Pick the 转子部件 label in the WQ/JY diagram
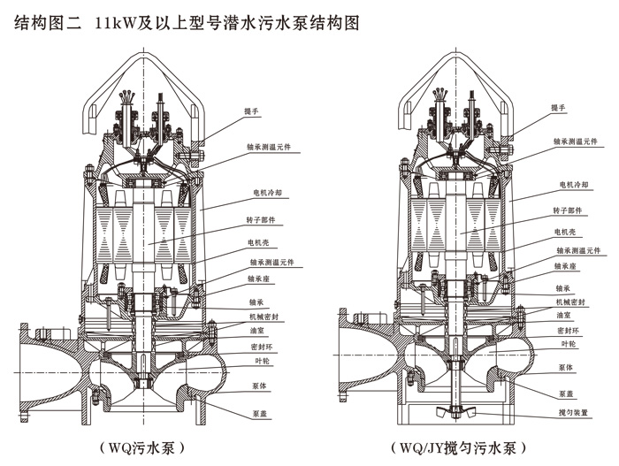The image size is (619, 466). click(x=569, y=211)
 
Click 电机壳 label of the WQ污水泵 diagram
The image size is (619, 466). click(x=257, y=241)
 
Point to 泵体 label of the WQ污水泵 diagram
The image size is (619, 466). click(x=257, y=386)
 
